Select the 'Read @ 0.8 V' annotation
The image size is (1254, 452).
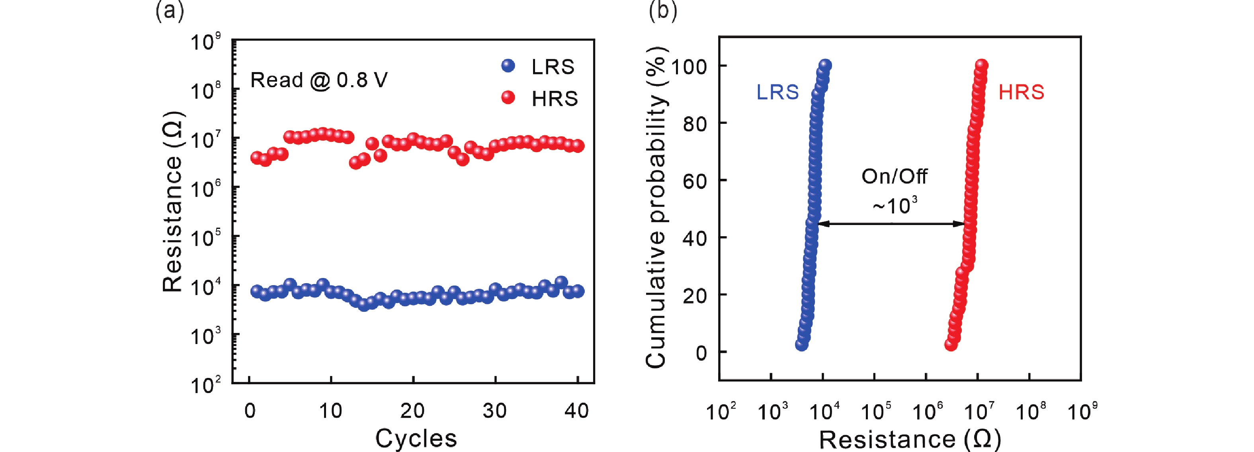(x=319, y=80)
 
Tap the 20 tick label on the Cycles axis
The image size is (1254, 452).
(x=412, y=411)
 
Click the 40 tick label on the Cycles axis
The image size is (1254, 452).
(x=577, y=411)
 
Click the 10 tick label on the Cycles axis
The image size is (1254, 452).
(x=330, y=411)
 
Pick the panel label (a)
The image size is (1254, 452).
(x=170, y=11)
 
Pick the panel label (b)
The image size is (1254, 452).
(x=662, y=11)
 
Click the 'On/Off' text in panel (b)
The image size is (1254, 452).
(x=894, y=176)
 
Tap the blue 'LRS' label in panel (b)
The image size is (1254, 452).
(x=777, y=92)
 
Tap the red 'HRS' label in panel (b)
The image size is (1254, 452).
(x=1021, y=92)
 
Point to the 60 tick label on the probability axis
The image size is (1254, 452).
(x=695, y=181)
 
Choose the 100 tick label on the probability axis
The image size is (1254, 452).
(x=689, y=66)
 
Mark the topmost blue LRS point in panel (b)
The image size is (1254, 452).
(x=826, y=65)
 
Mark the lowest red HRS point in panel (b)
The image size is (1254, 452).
(x=951, y=345)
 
